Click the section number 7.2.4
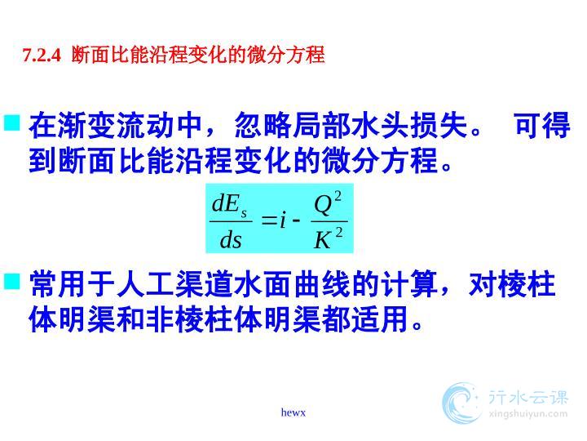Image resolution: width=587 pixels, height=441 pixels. click(42, 56)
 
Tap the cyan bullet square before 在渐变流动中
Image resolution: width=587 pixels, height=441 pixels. click(12, 122)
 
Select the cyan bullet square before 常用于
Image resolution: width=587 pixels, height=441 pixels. click(12, 281)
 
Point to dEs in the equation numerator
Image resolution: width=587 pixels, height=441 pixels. click(229, 205)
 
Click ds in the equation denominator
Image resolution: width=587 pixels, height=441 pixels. click(231, 240)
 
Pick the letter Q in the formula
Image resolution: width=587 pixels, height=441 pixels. click(323, 206)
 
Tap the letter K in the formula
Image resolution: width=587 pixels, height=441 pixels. click(323, 239)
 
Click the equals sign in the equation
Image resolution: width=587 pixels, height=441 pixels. click(268, 220)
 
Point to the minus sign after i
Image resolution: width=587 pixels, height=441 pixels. click(296, 220)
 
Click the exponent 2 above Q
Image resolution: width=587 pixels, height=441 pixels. click(338, 196)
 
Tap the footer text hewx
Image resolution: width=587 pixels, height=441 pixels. click(293, 412)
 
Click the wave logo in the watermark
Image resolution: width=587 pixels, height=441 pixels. click(461, 403)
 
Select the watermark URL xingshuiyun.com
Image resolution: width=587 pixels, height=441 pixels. click(528, 414)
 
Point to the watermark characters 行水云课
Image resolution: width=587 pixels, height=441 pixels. click(528, 398)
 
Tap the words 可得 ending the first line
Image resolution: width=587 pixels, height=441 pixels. click(542, 125)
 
